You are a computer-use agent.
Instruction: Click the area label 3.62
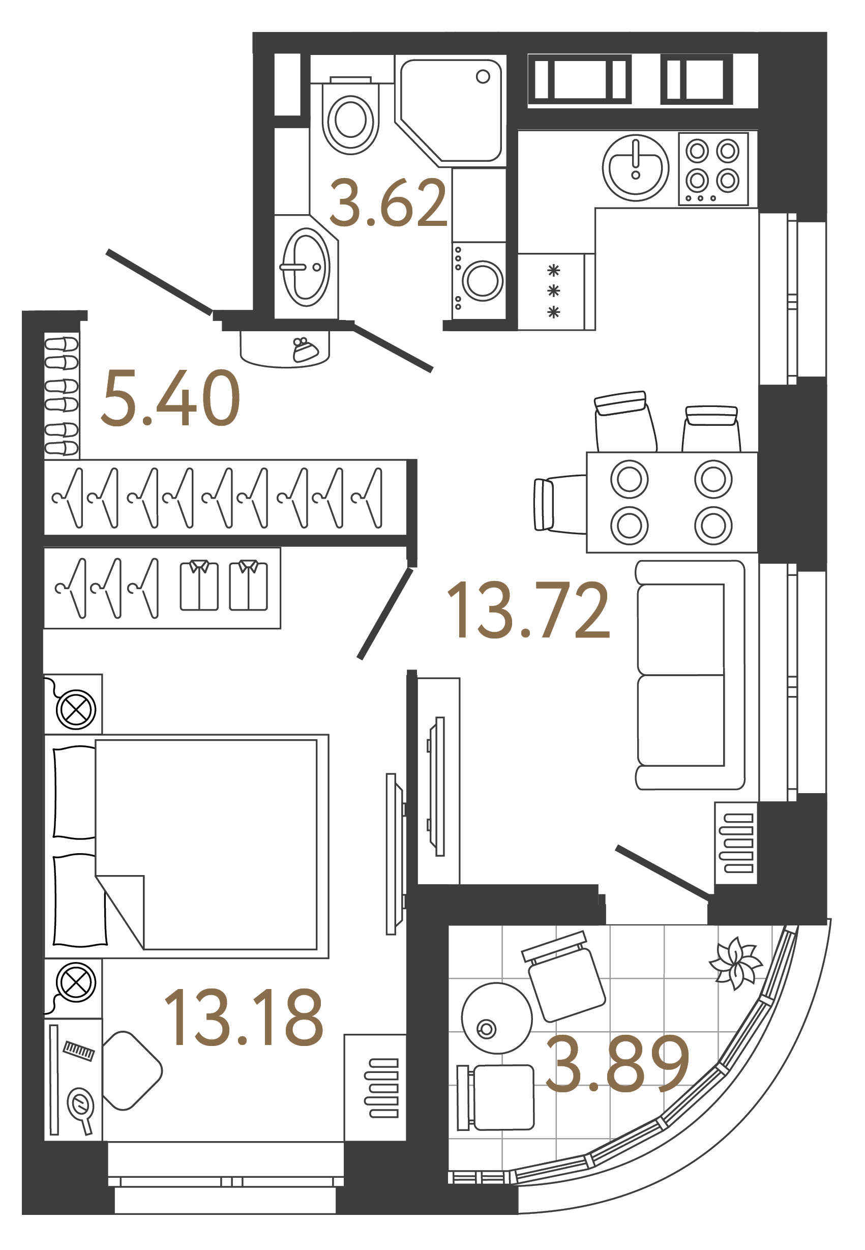pos(388,204)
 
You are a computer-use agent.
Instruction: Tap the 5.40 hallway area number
pos(170,398)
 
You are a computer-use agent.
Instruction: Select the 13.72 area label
pos(528,610)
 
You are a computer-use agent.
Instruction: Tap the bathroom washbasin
pos(306,267)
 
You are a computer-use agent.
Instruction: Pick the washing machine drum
pos(482,281)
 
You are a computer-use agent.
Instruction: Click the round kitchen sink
pos(635,167)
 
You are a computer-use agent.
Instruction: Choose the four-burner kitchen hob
pos(713,168)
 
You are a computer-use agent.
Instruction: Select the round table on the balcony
pos(496,1018)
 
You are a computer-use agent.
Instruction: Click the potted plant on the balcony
pos(734,963)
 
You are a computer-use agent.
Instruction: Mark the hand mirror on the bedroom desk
pos(81,1108)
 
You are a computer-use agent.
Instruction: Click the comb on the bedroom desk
pos(79,1051)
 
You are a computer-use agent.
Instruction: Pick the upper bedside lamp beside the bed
pos(76,709)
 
